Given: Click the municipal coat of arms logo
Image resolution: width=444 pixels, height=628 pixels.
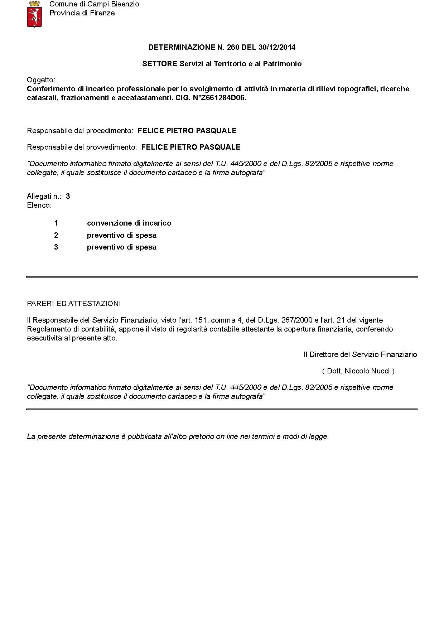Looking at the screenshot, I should pos(35,14).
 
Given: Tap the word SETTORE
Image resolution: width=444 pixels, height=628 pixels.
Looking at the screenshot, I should pos(160,64).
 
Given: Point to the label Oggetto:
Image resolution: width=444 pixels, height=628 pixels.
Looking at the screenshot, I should pos(41,80).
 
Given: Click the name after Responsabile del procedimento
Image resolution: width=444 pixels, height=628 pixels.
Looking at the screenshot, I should pos(187,131).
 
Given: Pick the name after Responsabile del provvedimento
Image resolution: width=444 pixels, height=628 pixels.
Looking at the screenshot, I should pos(191,147).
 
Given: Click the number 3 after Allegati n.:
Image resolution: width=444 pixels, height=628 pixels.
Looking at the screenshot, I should pos(68,196).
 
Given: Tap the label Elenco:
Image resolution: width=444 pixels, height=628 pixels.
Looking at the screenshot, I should pos(39,205).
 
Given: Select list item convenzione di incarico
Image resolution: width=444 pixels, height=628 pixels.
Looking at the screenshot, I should pos(129,223).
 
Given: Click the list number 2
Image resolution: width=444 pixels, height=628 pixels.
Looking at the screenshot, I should pos(56,235).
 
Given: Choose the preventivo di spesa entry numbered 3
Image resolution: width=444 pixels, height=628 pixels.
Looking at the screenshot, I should pos(122,247).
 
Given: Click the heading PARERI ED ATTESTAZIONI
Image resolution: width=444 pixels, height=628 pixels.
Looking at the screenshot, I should pos(74,304).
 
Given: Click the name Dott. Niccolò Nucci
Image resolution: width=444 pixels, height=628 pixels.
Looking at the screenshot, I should pos(358,371).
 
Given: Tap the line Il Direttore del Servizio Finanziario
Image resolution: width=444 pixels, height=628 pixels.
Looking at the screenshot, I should pos(360,354).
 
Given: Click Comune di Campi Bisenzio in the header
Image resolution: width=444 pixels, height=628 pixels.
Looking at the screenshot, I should pos(94,4).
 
